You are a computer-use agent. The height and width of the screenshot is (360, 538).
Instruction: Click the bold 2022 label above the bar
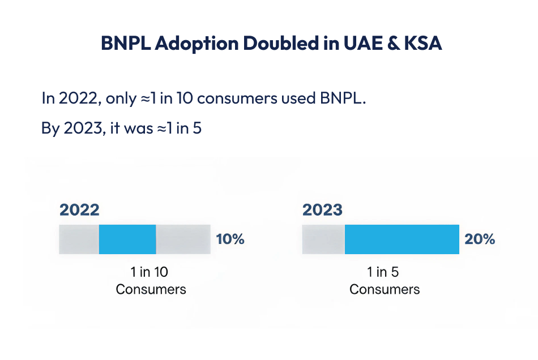[x=79, y=210]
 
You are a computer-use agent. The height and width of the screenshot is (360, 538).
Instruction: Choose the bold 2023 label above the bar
[x=322, y=210]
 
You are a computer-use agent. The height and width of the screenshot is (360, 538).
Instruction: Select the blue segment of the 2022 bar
[x=127, y=239]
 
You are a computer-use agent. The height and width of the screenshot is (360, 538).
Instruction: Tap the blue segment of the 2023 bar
[x=402, y=239]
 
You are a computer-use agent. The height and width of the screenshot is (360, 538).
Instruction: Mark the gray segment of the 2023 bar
[x=323, y=239]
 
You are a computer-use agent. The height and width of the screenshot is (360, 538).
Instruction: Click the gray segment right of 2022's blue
[x=182, y=239]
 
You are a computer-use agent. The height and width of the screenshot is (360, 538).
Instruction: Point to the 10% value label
[x=230, y=239]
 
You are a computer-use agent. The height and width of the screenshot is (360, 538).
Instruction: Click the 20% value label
[x=480, y=239]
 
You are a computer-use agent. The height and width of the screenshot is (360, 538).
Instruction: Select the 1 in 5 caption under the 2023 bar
[x=383, y=272]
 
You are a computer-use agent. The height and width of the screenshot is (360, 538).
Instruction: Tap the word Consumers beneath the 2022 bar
[x=151, y=289]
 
